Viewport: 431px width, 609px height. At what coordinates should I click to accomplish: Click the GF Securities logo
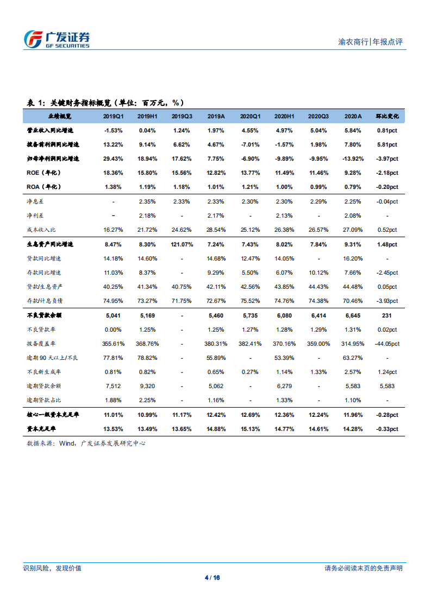point(57,39)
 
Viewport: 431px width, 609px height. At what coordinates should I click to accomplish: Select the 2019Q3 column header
point(182,116)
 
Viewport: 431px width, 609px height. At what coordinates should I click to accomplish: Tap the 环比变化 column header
point(387,116)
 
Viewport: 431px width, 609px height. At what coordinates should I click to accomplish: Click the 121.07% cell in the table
point(182,244)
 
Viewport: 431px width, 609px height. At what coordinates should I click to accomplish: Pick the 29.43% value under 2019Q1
point(114,158)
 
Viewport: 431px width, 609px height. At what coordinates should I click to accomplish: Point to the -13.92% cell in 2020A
point(353,158)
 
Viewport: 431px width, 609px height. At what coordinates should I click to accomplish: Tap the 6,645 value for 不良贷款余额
point(353,315)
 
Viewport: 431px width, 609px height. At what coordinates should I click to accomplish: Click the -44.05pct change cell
point(387,344)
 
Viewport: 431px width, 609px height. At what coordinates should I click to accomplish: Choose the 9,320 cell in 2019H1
point(148,386)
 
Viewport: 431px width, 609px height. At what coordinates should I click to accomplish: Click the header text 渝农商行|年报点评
point(370,42)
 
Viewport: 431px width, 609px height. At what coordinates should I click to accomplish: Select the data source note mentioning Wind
point(86,443)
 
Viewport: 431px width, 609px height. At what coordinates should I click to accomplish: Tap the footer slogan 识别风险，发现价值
point(52,568)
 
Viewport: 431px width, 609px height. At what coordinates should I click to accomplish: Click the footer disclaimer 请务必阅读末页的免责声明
point(364,568)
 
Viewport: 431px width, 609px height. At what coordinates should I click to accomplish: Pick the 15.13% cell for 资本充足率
point(251,429)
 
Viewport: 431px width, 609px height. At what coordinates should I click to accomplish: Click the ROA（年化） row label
point(44,187)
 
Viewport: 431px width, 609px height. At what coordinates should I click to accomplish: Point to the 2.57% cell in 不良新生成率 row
point(353,372)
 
